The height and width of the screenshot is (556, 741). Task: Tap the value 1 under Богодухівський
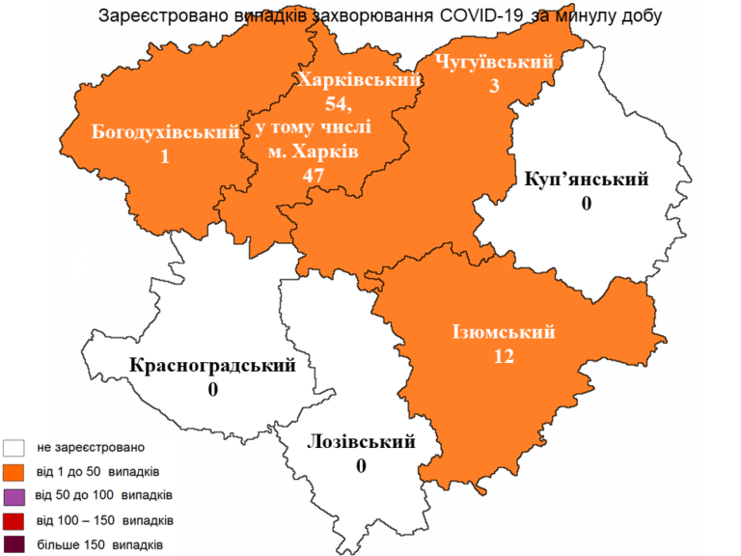click(165, 155)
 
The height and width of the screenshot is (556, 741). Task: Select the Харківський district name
click(359, 81)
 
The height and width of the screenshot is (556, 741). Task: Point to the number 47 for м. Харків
click(312, 175)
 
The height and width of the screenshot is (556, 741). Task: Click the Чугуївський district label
click(494, 63)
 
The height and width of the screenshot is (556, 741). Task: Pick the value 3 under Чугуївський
click(494, 87)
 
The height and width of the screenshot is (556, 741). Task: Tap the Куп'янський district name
click(586, 180)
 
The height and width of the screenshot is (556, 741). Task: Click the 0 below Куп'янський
click(586, 204)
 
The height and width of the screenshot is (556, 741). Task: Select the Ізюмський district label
click(503, 333)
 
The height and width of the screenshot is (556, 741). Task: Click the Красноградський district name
click(212, 366)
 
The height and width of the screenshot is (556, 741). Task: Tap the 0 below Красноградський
click(213, 390)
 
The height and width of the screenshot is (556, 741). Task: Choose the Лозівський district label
click(361, 442)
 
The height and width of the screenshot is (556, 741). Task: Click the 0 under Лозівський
click(362, 466)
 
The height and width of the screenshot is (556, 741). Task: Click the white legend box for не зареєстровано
click(14, 448)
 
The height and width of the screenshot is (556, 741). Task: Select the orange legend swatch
click(14, 472)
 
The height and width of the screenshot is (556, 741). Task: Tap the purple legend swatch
click(14, 497)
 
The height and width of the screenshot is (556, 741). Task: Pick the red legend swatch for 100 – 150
click(14, 521)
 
